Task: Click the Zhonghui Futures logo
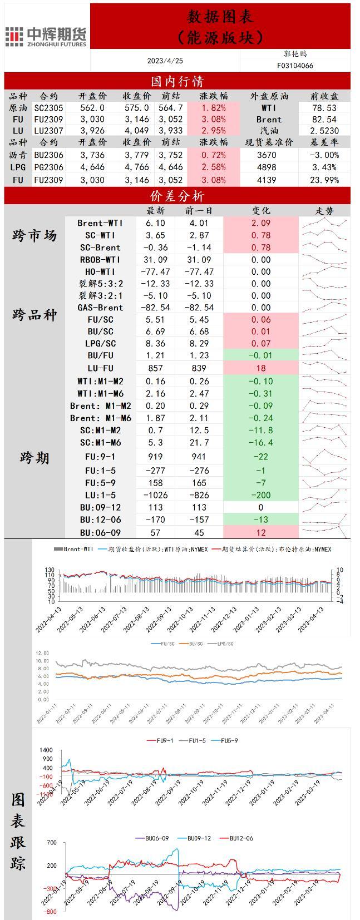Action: click(46, 36)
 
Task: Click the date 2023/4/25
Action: click(165, 60)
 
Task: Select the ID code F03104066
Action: click(295, 65)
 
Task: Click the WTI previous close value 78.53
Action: click(324, 108)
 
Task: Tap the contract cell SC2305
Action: click(48, 108)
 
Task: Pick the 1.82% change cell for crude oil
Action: click(214, 108)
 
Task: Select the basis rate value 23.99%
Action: click(324, 180)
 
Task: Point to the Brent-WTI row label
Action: click(100, 223)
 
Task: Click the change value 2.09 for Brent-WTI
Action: click(261, 223)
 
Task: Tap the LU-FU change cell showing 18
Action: click(261, 368)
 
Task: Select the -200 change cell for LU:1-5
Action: click(261, 495)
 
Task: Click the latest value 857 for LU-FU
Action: click(155, 368)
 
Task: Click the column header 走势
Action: click(324, 211)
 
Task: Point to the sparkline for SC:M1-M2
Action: click(324, 430)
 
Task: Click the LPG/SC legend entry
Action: click(223, 644)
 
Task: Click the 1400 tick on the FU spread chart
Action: click(46, 750)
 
